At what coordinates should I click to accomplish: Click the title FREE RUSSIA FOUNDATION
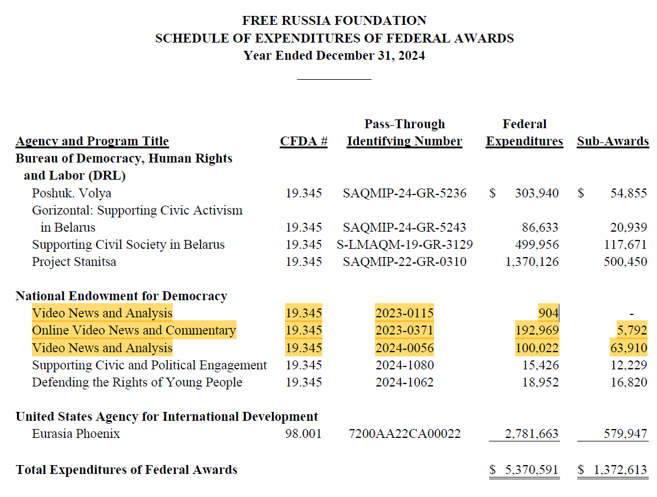click(x=334, y=21)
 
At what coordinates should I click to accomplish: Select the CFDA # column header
click(x=303, y=142)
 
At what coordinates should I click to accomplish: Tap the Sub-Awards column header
click(x=613, y=142)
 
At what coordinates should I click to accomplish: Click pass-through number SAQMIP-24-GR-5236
click(x=404, y=193)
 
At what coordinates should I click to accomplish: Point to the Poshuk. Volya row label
click(x=72, y=193)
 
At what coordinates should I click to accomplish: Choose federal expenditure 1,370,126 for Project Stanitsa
click(x=532, y=262)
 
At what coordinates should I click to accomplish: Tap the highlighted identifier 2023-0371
click(x=404, y=330)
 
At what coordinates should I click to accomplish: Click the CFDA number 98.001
click(x=303, y=434)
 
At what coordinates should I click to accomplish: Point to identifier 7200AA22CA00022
click(x=405, y=434)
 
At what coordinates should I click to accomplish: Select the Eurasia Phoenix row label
click(x=76, y=434)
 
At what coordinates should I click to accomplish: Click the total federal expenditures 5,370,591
click(x=531, y=470)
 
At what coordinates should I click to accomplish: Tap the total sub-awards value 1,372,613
click(x=620, y=470)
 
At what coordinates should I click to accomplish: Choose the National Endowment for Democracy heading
click(x=121, y=296)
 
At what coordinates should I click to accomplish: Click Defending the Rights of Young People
click(x=137, y=382)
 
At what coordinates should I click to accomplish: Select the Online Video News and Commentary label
click(x=134, y=330)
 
